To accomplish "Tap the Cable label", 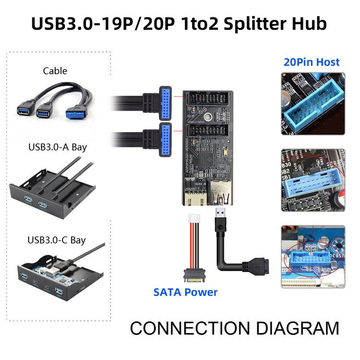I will point(55,71).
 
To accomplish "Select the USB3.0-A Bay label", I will point(57,147).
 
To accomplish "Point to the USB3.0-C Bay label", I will point(57,240).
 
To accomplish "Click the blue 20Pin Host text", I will point(312,62).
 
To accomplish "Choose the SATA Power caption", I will point(185,292).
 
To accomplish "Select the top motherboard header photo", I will point(312,103).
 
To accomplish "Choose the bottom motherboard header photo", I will point(312,256).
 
